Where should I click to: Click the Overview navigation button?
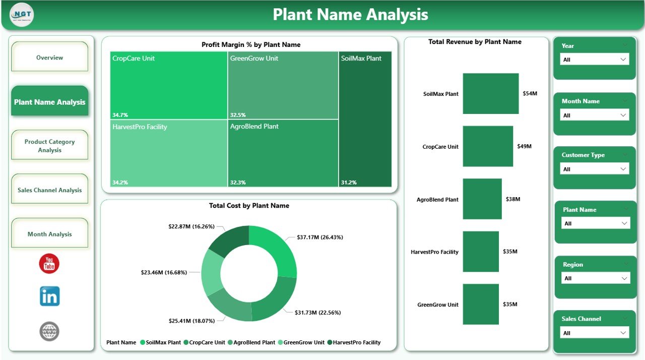49,57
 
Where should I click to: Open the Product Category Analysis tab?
49,146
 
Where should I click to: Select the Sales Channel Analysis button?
49,190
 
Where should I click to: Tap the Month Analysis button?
49,234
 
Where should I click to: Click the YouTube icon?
49,264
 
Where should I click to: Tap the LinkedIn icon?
49,296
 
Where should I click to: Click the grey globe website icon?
49,331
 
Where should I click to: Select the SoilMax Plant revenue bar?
490,94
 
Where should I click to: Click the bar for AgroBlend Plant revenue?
482,199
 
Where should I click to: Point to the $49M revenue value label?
524,146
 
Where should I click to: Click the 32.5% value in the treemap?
238,114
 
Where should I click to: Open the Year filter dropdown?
595,59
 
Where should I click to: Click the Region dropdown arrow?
624,278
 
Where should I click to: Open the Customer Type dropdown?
595,169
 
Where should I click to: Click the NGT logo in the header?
21,15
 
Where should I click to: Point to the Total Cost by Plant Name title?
249,206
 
